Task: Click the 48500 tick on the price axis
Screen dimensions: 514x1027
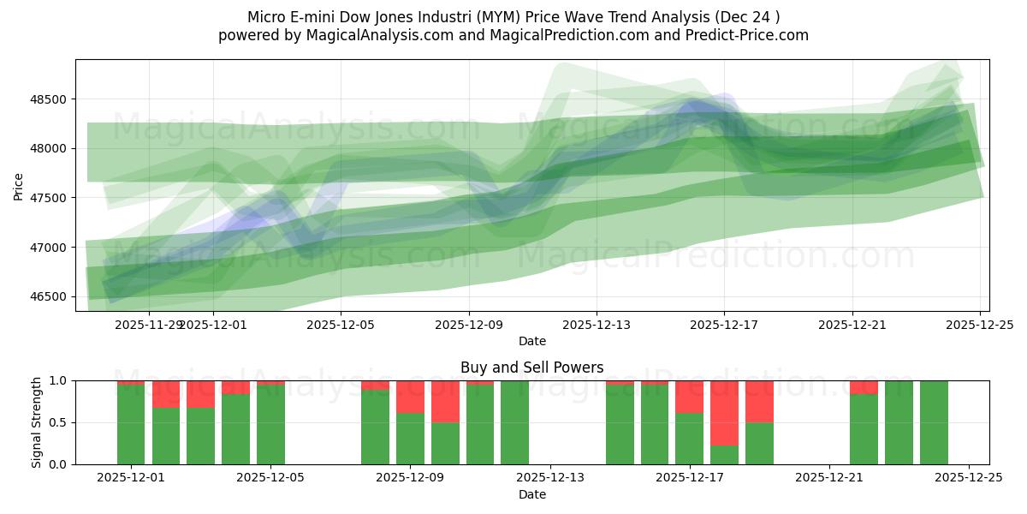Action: click(x=51, y=99)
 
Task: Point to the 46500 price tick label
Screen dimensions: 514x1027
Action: click(x=51, y=297)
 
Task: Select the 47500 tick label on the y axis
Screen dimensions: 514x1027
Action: click(x=51, y=198)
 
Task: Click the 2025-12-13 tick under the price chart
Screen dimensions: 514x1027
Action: click(x=597, y=325)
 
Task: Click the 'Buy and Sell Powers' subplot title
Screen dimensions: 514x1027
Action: click(x=531, y=368)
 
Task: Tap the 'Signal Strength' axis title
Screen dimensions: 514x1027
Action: click(x=36, y=422)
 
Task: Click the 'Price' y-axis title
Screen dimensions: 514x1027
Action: click(x=19, y=185)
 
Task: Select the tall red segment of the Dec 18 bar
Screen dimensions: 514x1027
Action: click(x=724, y=412)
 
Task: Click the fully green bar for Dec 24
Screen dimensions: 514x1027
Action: click(x=934, y=422)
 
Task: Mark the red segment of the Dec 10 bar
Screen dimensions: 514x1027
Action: click(x=445, y=401)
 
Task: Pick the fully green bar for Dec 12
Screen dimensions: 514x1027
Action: click(x=514, y=422)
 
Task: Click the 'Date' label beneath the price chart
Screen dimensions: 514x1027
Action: click(x=531, y=341)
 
